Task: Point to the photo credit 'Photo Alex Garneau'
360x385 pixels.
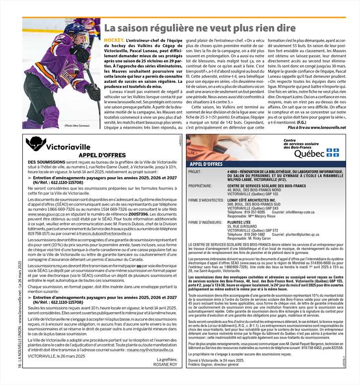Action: tap(77, 126)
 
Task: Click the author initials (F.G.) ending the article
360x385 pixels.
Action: tap(302, 122)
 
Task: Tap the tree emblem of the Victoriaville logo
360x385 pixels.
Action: tap(35, 144)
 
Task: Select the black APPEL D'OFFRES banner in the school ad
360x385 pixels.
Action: tap(207, 164)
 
